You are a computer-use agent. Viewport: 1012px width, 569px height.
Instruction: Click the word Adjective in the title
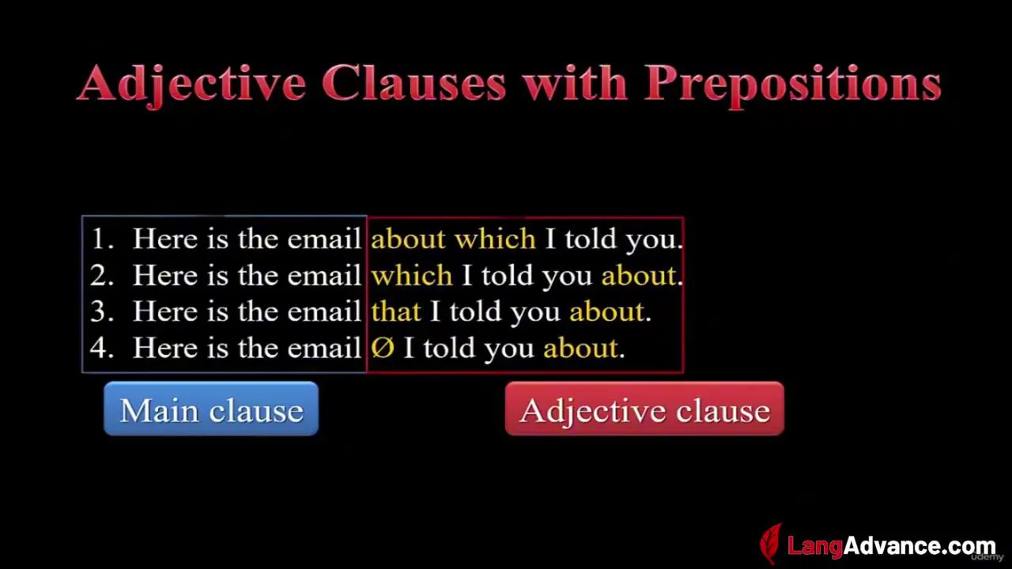[x=191, y=85]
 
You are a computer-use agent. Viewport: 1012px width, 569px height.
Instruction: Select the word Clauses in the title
[x=413, y=83]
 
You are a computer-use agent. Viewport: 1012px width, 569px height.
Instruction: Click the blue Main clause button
[x=211, y=409]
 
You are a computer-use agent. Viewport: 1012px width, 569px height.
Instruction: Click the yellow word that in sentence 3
[x=396, y=311]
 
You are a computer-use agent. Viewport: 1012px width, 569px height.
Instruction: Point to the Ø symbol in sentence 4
[x=383, y=348]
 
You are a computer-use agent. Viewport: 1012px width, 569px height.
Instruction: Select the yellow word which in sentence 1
[x=495, y=238]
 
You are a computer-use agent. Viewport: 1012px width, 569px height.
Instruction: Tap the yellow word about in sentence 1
[x=408, y=239]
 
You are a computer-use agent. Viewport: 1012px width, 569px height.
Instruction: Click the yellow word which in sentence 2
[x=412, y=274]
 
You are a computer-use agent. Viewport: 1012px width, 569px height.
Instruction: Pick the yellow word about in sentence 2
[x=638, y=275]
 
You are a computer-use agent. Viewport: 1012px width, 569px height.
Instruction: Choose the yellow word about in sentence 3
[x=606, y=311]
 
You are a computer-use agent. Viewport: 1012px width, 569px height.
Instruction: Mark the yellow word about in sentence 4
[x=580, y=349]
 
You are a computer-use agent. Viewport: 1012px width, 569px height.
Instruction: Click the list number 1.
[x=102, y=239]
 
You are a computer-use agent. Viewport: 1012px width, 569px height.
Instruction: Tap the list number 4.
[x=101, y=349]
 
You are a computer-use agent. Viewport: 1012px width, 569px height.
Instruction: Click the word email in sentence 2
[x=324, y=275]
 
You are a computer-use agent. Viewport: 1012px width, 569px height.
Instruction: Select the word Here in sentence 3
[x=165, y=311]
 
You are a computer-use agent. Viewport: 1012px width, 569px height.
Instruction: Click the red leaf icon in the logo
[x=772, y=544]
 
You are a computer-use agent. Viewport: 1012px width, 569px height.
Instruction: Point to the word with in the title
[x=575, y=83]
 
